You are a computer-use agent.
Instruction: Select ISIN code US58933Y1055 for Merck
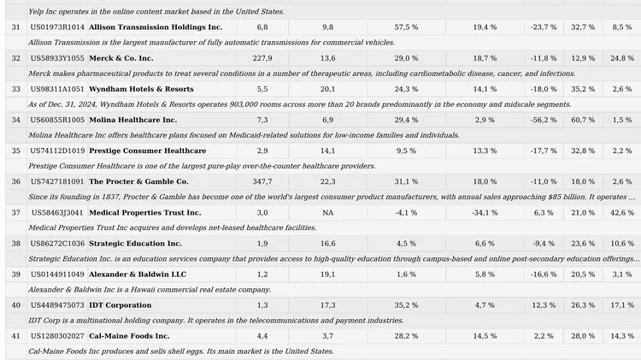(57, 58)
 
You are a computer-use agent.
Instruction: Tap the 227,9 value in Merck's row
(262, 58)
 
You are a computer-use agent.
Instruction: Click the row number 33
(15, 89)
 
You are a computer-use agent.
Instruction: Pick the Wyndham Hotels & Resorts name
(141, 89)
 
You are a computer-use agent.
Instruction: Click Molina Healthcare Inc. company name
(132, 120)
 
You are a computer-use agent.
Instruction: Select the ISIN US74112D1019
(57, 150)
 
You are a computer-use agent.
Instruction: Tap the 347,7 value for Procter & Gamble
(262, 181)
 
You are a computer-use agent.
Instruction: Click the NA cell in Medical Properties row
(327, 212)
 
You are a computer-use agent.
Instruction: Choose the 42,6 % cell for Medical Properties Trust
(622, 212)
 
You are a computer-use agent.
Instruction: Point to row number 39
(15, 274)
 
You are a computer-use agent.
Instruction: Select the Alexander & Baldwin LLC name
(137, 274)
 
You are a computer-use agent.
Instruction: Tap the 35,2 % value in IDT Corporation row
(407, 304)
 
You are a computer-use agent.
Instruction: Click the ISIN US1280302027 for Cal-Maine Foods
(57, 335)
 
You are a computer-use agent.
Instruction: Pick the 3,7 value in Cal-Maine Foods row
(327, 335)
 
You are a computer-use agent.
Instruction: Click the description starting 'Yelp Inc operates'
(156, 11)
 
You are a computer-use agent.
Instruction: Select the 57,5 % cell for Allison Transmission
(407, 27)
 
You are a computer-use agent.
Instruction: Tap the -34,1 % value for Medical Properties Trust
(485, 212)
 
